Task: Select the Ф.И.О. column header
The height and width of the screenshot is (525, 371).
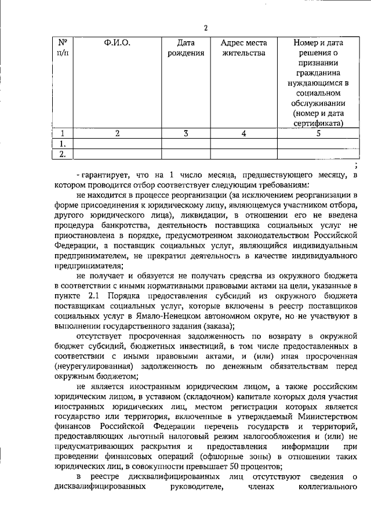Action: tap(117, 43)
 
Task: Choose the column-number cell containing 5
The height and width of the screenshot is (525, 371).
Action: tap(318, 133)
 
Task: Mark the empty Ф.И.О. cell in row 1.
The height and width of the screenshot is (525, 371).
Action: tap(117, 143)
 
